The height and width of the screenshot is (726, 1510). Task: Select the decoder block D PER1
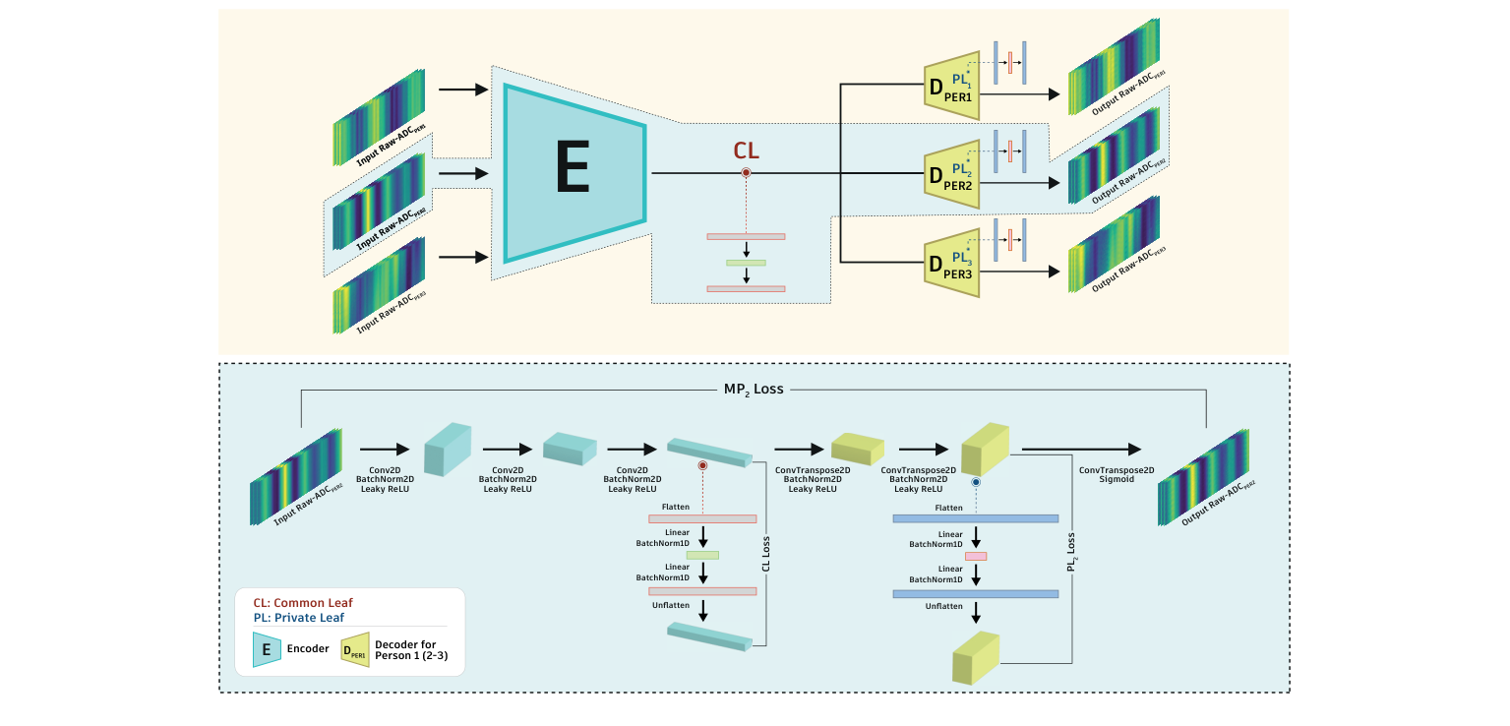click(x=952, y=86)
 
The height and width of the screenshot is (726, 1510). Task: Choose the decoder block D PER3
click(x=952, y=263)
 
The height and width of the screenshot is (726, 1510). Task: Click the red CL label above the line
click(x=747, y=151)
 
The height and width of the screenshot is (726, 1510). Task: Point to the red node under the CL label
click(x=747, y=173)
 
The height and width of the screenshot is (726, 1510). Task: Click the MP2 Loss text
click(x=754, y=389)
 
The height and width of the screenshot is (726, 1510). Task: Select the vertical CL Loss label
click(x=766, y=554)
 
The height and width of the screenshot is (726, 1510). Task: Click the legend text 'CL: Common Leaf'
click(x=303, y=602)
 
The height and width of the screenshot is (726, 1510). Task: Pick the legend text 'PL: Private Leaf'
click(x=299, y=618)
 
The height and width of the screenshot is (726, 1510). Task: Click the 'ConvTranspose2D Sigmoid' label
click(x=1116, y=474)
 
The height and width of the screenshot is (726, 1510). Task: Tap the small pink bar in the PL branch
click(x=975, y=556)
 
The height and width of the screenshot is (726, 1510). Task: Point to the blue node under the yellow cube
click(x=976, y=483)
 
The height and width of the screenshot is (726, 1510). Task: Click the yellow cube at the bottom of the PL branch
click(x=975, y=658)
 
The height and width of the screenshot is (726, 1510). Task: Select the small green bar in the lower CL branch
click(x=702, y=555)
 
